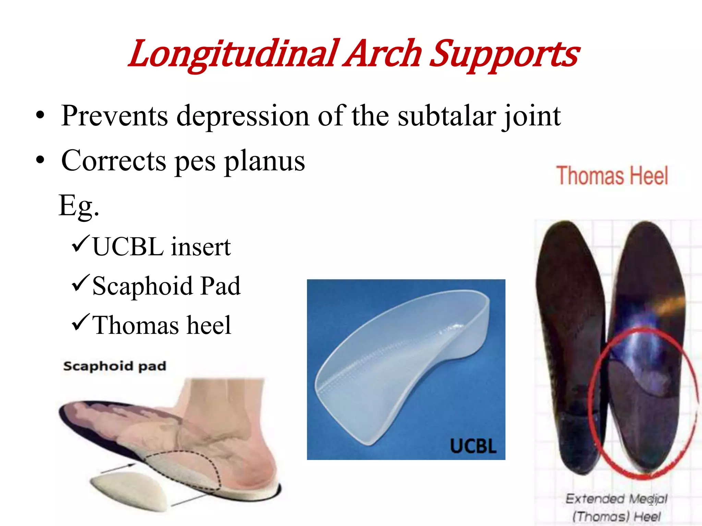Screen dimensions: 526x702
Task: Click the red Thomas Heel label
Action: pos(612,176)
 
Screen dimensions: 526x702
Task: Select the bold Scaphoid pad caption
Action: pos(115,366)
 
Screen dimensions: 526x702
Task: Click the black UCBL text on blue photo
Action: pos(473,447)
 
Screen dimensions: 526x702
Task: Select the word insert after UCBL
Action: pos(201,247)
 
